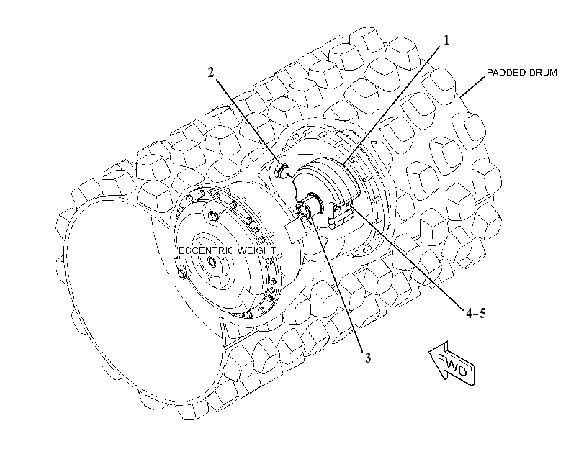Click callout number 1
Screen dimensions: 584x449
click(446, 40)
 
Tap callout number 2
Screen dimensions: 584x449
click(211, 72)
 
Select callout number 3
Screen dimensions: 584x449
click(367, 358)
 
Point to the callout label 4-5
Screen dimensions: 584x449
click(476, 314)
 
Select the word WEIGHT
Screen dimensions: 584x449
click(256, 250)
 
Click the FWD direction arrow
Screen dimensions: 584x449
click(452, 364)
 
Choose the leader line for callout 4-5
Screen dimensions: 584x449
click(408, 258)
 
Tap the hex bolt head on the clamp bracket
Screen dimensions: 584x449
click(338, 209)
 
